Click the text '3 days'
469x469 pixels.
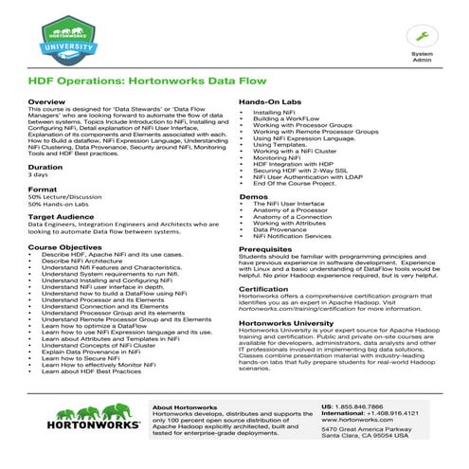[x=38, y=175]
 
